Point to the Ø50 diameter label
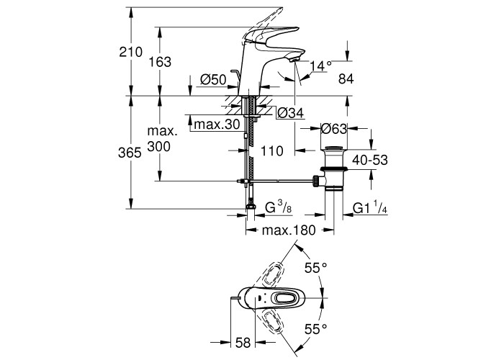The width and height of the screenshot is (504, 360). (x=214, y=79)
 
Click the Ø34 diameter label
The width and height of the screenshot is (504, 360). (x=289, y=113)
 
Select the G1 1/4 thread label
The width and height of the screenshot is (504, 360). (x=372, y=209)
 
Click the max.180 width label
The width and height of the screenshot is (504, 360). (x=289, y=231)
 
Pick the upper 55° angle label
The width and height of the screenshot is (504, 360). (x=315, y=268)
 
